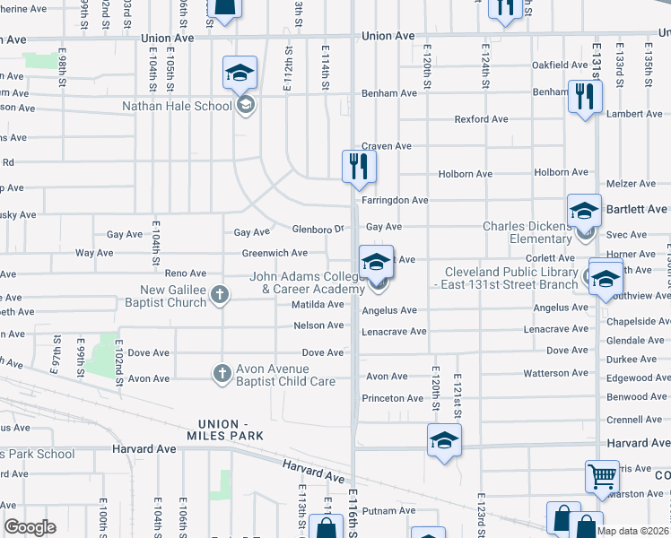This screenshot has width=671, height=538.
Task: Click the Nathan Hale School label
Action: tap(178, 106)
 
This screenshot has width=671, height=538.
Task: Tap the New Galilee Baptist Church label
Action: tap(173, 296)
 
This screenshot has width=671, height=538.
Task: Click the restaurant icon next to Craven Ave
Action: tap(358, 165)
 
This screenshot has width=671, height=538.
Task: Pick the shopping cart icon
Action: tap(602, 477)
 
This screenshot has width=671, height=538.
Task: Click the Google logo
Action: tap(30, 527)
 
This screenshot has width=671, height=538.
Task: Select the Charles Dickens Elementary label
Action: tap(527, 232)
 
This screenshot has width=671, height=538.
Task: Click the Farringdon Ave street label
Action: tap(395, 200)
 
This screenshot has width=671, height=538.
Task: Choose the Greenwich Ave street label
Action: tap(274, 253)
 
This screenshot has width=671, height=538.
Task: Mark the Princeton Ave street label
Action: tap(392, 398)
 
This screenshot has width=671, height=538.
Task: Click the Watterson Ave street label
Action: tap(555, 373)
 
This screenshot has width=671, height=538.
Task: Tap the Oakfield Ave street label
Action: tap(559, 65)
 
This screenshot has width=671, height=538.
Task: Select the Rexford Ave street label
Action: tap(481, 118)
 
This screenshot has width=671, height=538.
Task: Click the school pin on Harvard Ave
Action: tap(444, 440)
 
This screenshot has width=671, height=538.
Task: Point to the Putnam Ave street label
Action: tap(389, 510)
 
